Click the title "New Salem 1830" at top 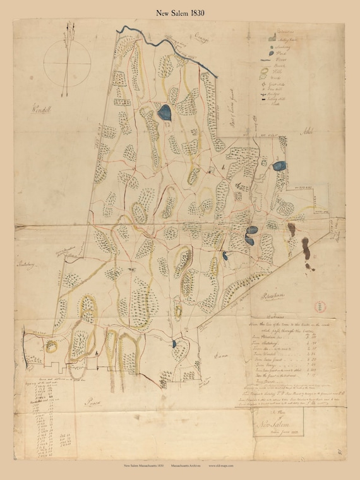pyautogui.click(x=179, y=12)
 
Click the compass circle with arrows pyautogui.click(x=64, y=62)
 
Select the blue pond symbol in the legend pyautogui.click(x=272, y=55)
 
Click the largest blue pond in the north pyautogui.click(x=165, y=113)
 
